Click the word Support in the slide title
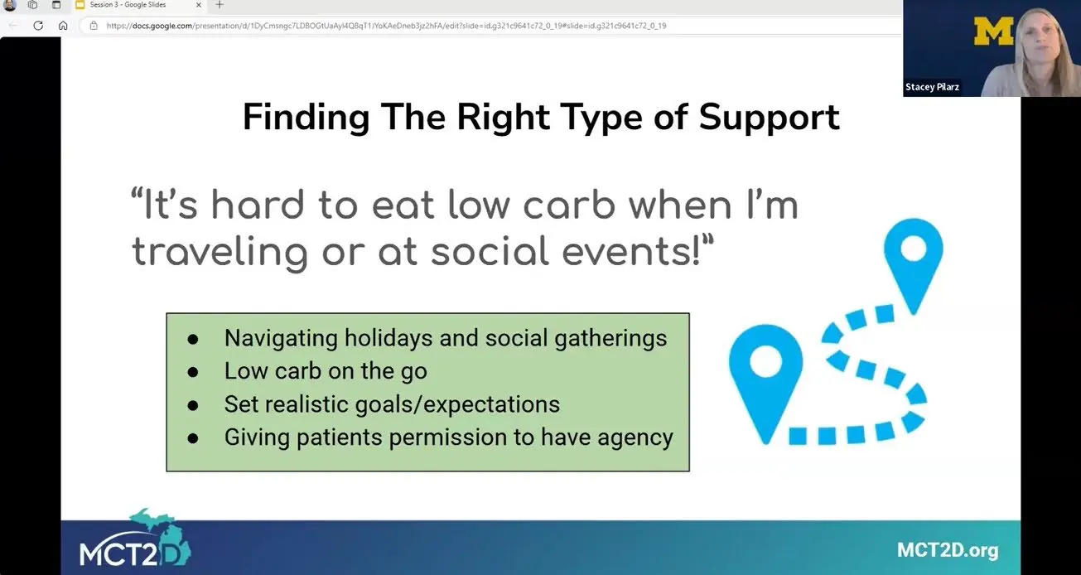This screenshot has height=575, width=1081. (x=770, y=118)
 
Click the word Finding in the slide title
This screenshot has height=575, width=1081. (x=306, y=118)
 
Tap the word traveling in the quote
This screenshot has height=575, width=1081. (x=220, y=252)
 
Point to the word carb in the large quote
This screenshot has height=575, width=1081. (x=569, y=205)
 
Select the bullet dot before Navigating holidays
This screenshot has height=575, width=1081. (x=193, y=340)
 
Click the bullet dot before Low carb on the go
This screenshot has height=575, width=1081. (x=193, y=372)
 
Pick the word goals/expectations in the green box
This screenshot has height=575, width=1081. (x=457, y=404)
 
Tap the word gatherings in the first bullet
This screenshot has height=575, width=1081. (x=610, y=338)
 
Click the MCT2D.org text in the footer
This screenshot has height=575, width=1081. (x=948, y=550)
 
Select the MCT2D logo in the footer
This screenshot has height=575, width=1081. (x=136, y=539)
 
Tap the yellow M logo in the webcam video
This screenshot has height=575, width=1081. (x=994, y=31)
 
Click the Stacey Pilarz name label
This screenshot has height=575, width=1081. (x=932, y=87)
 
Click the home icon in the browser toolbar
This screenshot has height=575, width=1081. (x=63, y=26)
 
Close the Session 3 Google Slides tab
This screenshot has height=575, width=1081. (x=198, y=5)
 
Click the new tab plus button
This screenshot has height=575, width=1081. (x=220, y=5)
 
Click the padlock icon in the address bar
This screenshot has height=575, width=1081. (x=94, y=26)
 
